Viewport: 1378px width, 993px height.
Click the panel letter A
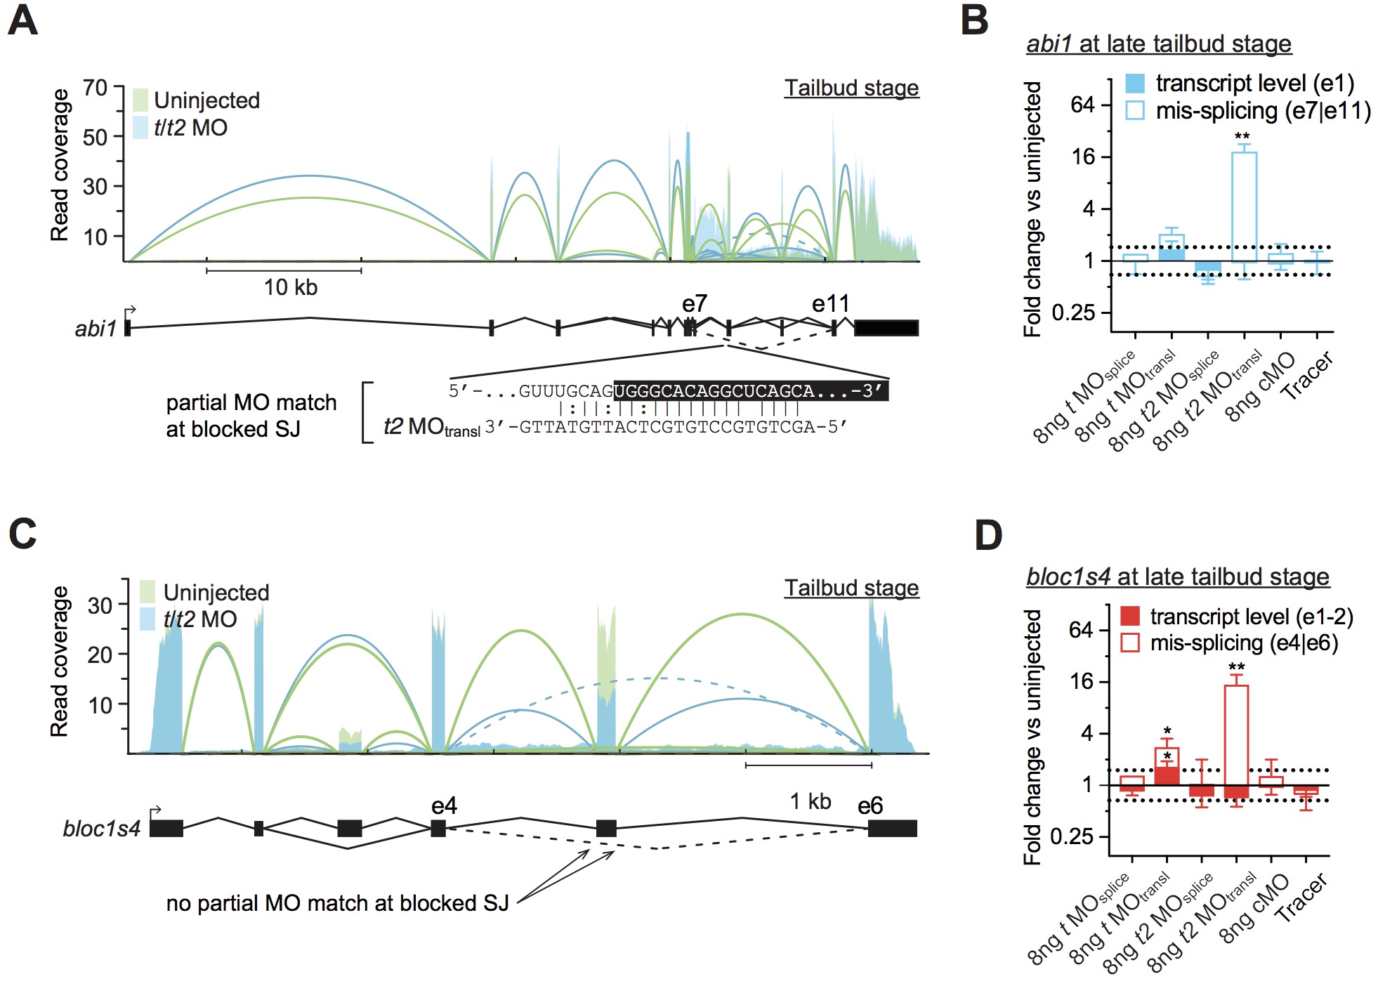tap(22, 21)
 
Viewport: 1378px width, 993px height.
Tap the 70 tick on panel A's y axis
tap(96, 88)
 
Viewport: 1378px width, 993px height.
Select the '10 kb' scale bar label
tap(290, 287)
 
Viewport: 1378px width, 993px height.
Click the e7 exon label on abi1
tap(695, 304)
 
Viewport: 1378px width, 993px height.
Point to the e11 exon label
tap(830, 304)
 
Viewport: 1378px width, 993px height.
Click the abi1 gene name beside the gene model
tap(96, 329)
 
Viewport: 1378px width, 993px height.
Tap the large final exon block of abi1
tap(886, 328)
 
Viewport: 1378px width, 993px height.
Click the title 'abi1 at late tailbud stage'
tap(1158, 44)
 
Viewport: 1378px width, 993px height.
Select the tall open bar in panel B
tap(1244, 206)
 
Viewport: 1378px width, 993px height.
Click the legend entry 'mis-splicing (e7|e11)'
tap(1263, 111)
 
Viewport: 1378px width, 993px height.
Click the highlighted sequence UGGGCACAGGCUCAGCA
tap(714, 391)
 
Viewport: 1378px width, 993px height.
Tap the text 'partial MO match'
tap(251, 402)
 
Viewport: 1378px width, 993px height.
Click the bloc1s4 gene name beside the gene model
tap(102, 829)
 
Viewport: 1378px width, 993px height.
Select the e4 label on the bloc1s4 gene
tap(444, 805)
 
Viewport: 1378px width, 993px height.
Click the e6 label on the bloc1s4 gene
tap(870, 805)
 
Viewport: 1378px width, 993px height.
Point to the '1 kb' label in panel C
tap(810, 801)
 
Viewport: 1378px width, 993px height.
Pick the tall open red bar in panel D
tap(1236, 735)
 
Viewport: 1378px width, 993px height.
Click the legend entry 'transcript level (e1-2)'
tap(1251, 617)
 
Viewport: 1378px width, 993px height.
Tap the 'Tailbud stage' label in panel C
tap(851, 588)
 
